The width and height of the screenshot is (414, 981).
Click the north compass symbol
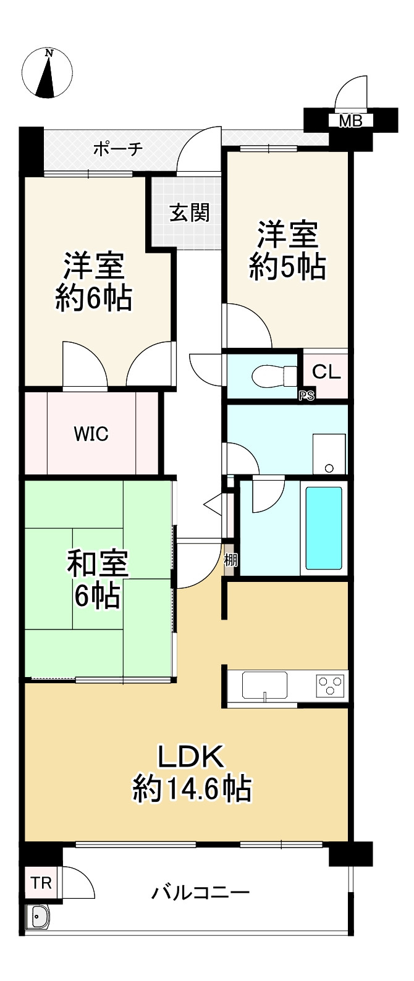[47, 74]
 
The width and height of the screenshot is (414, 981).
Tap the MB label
[350, 121]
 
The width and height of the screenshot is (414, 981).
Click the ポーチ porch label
[118, 149]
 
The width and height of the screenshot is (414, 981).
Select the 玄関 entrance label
[190, 213]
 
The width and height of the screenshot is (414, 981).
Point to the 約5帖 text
[288, 267]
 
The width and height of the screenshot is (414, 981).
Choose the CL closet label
[326, 372]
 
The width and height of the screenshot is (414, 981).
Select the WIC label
[91, 434]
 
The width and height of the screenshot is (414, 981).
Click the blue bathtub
[324, 528]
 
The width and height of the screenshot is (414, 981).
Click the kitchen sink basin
[264, 684]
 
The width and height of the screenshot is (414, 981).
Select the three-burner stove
[331, 684]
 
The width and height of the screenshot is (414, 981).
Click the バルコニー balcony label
[201, 893]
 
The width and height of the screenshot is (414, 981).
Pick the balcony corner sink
[39, 916]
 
